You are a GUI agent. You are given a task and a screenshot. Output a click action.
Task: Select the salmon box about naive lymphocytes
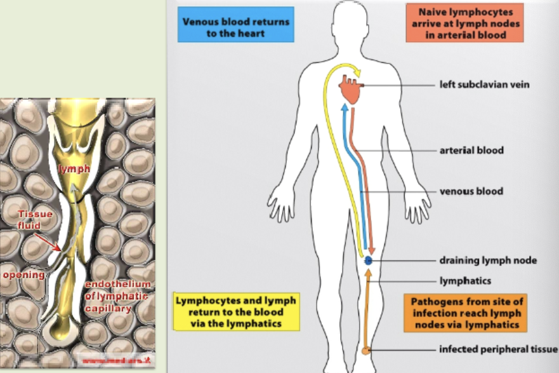click(x=464, y=24)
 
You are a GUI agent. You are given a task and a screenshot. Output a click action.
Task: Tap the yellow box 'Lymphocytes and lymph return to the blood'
click(x=235, y=311)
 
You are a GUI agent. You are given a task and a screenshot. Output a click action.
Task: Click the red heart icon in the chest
click(x=351, y=90)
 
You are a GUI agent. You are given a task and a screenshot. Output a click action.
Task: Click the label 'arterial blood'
click(x=471, y=151)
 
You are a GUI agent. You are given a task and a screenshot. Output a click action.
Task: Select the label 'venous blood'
click(x=471, y=191)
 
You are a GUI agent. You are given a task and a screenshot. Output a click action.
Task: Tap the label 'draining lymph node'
click(x=488, y=261)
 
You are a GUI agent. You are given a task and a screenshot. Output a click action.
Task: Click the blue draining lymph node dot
click(x=368, y=261)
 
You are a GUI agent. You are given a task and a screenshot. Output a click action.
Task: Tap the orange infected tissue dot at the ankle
click(x=366, y=350)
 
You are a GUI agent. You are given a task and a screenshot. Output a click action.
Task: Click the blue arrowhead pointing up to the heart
click(x=345, y=109)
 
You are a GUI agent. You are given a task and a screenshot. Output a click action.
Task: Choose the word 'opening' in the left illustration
click(x=23, y=275)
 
